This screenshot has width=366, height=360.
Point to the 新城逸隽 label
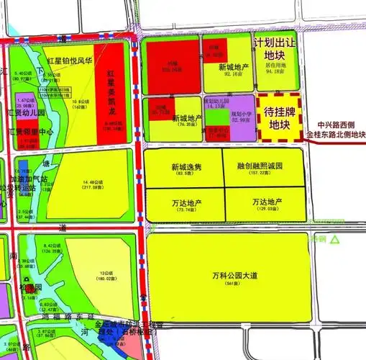coord(186,166)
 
